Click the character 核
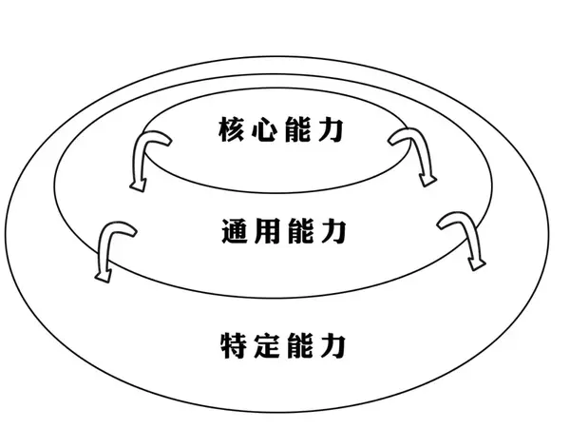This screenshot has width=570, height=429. tap(231, 130)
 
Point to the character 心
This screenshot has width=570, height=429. tap(263, 130)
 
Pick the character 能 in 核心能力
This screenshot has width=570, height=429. tap(295, 130)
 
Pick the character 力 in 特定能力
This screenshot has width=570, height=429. tap(330, 342)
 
